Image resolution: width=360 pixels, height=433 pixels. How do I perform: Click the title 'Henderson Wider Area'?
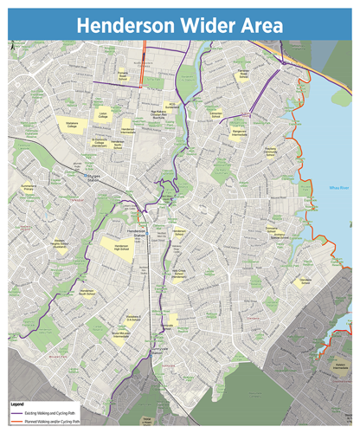click(179, 25)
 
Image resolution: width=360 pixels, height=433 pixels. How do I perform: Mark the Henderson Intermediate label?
click(128, 128)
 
